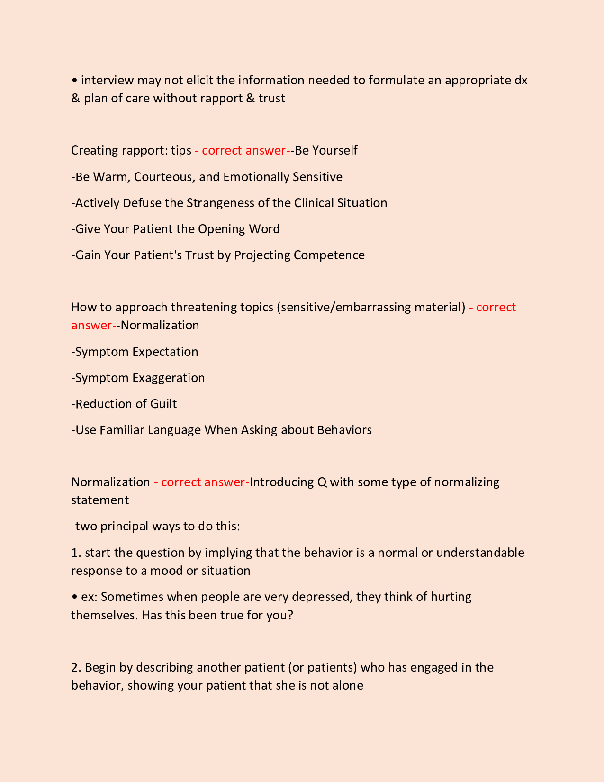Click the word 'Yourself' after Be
pyautogui.click(x=334, y=150)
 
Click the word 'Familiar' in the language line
pyautogui.click(x=122, y=430)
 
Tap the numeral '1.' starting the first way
pyautogui.click(x=76, y=553)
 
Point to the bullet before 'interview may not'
pyautogui.click(x=74, y=81)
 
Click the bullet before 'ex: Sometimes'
pyautogui.click(x=74, y=597)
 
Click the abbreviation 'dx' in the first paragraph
pyautogui.click(x=521, y=80)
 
